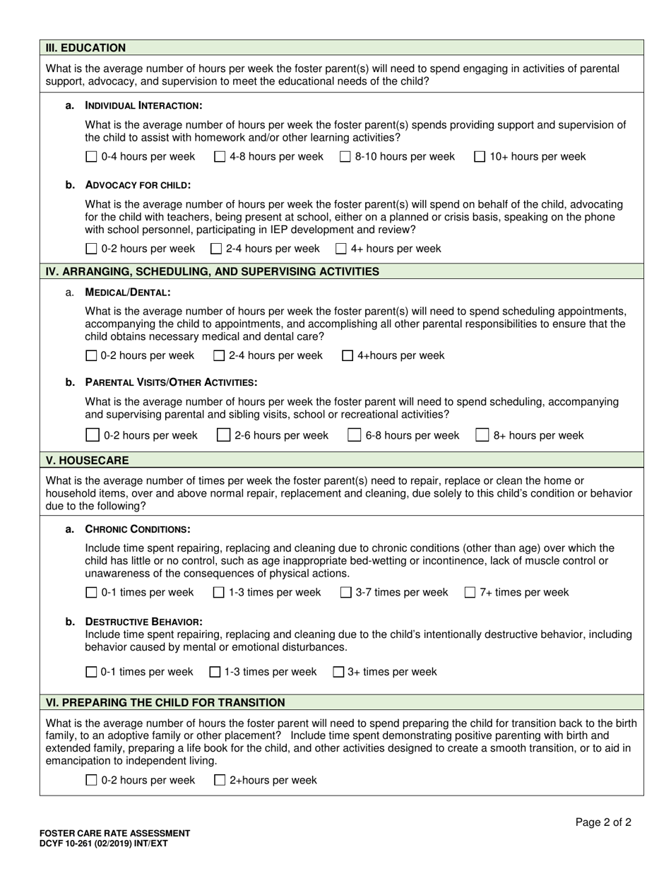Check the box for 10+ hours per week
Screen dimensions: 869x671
[480, 157]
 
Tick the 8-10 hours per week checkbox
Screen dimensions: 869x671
[345, 157]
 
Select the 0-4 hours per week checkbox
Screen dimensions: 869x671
[90, 157]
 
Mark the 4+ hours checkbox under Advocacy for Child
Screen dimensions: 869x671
[341, 249]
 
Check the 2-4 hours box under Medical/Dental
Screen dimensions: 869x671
[219, 355]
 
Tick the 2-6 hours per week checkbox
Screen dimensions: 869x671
[223, 435]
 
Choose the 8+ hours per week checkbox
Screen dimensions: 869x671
[482, 435]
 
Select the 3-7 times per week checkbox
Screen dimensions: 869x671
[346, 593]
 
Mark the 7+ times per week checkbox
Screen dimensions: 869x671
[470, 593]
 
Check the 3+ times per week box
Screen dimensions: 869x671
[338, 672]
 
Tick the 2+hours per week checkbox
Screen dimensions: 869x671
[220, 781]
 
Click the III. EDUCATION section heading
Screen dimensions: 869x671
[85, 48]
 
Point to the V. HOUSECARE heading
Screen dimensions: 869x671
[87, 461]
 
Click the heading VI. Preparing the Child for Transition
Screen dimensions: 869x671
[165, 702]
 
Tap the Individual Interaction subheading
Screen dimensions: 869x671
[143, 105]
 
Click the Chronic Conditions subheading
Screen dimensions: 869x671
[137, 529]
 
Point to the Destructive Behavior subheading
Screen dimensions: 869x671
[143, 622]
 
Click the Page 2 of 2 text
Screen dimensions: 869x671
[603, 822]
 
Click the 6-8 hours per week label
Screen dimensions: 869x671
[412, 435]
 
